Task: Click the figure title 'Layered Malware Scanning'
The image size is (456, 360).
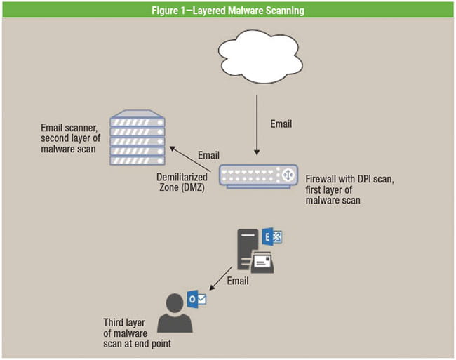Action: click(x=227, y=10)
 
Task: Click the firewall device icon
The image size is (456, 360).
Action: click(x=257, y=175)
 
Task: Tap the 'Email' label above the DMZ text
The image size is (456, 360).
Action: click(x=208, y=155)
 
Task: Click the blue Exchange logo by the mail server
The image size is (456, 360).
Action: click(x=272, y=237)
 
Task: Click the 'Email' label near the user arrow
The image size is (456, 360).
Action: click(x=239, y=281)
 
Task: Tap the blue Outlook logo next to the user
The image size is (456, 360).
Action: click(x=197, y=299)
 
